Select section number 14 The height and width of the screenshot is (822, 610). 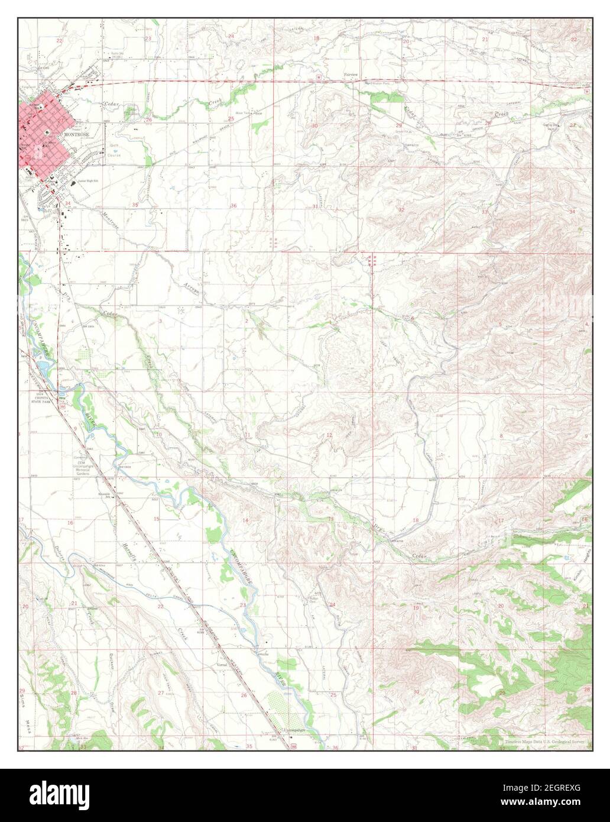click(245, 520)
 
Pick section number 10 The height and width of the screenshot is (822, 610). click(160, 434)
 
